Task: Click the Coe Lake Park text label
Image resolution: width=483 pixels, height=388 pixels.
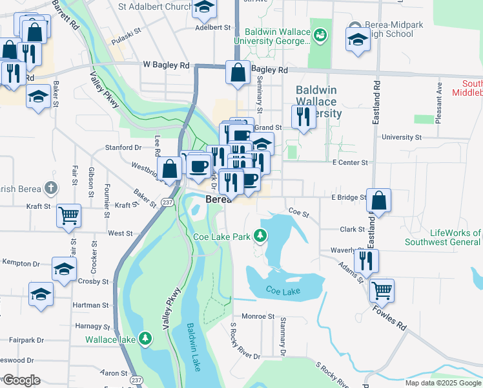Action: [221, 237]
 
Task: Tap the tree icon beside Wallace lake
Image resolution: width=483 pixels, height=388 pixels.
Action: [146, 338]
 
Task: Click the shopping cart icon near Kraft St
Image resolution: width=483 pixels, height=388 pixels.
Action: [68, 215]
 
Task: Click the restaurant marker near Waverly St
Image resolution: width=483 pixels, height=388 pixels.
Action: [366, 261]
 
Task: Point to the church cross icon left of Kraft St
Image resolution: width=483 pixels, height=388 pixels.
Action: [52, 188]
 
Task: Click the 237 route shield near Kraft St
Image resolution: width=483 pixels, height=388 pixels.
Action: [167, 202]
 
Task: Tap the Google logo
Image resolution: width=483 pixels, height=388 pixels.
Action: [21, 380]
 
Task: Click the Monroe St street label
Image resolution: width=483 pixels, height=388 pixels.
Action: [258, 316]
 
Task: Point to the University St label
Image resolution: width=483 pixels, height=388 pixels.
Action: [401, 137]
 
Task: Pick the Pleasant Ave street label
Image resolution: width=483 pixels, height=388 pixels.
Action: [438, 103]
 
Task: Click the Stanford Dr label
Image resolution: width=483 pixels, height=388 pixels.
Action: [123, 147]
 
